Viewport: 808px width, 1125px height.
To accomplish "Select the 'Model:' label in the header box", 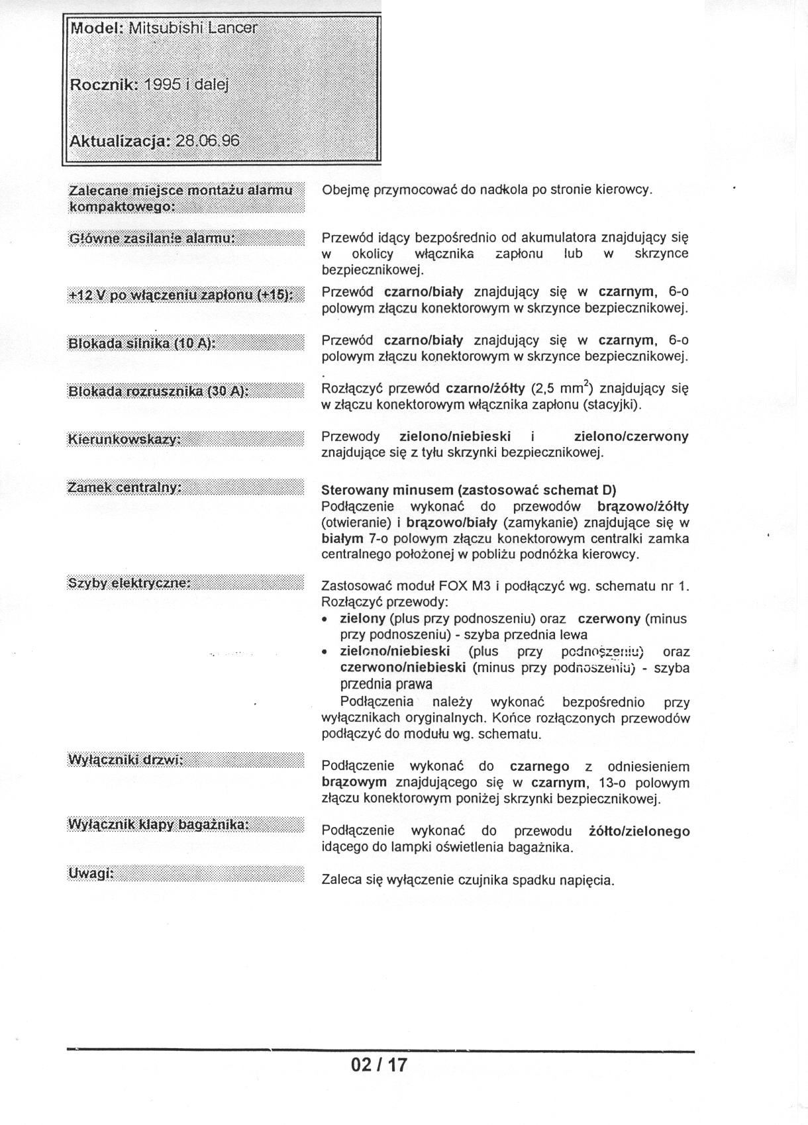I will pos(97,28).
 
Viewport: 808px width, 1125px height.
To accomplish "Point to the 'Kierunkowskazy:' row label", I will pos(124,440).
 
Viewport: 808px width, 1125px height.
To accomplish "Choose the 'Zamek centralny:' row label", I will pos(125,488).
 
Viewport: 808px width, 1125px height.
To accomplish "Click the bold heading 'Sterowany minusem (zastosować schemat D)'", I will pos(468,491).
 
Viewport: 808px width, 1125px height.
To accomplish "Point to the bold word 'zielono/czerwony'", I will pos(631,437).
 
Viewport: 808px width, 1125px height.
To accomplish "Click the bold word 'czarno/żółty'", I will pos(485,388).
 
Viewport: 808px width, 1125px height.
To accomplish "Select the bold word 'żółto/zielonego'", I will pos(639,831).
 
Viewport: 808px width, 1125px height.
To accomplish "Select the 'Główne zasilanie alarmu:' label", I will pos(152,238).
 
